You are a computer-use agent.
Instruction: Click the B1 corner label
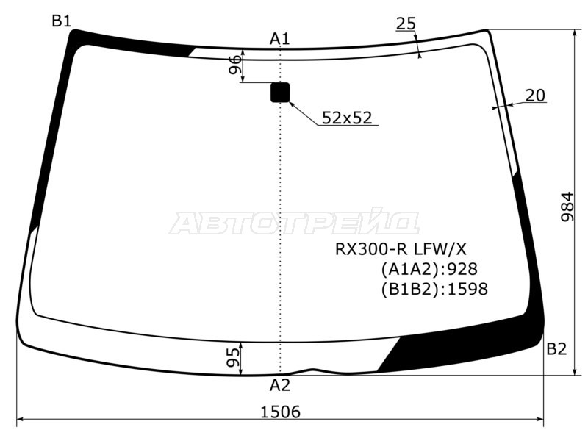pos(62,21)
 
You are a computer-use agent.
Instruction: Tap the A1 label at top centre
pos(280,39)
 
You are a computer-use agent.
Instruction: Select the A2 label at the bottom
pos(280,385)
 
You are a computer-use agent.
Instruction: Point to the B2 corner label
pos(556,349)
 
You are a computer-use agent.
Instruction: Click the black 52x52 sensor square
pos(280,93)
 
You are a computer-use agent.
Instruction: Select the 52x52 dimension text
pos(347,118)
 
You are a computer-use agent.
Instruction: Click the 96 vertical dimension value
pos(235,65)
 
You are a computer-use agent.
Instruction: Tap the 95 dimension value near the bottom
pos(233,357)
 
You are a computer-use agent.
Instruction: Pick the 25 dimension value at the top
pos(406,24)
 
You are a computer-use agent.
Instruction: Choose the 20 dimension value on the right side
pos(535,96)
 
